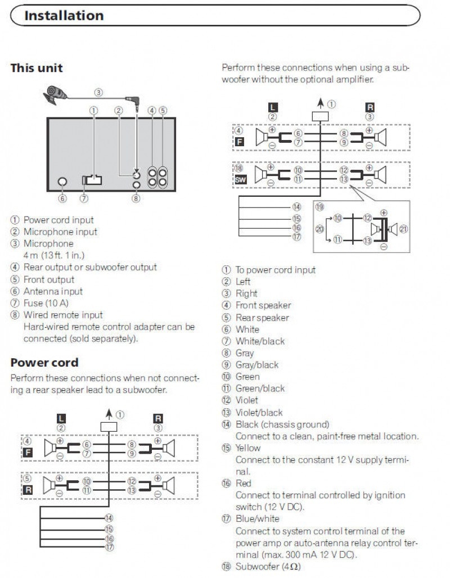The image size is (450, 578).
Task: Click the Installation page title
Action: [x=64, y=15]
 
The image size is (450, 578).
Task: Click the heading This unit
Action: [x=37, y=68]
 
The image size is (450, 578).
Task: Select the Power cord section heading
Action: [x=44, y=363]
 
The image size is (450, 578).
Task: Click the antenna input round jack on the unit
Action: [x=62, y=182]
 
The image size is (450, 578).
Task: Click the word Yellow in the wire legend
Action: [x=248, y=448]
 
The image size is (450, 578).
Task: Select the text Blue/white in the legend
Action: [x=257, y=519]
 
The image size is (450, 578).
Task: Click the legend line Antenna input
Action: [x=53, y=291]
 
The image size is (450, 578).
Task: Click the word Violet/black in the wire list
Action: [x=259, y=413]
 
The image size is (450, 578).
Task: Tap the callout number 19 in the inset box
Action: [x=319, y=207]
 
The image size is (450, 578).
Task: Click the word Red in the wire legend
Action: [x=243, y=484]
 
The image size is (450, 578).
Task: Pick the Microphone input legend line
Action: [x=60, y=232]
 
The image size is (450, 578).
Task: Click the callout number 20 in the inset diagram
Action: [x=319, y=228]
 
